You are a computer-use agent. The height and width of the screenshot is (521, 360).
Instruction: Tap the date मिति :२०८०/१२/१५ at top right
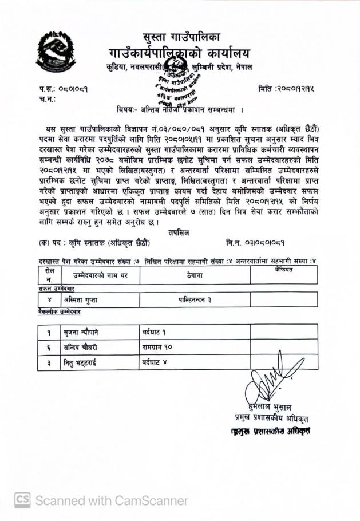[x=286, y=89]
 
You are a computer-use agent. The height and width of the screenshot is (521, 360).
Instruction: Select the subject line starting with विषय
[x=179, y=109]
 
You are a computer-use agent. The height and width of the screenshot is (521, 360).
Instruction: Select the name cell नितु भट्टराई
[x=84, y=363]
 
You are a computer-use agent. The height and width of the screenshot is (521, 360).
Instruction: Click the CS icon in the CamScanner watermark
[x=22, y=500]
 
